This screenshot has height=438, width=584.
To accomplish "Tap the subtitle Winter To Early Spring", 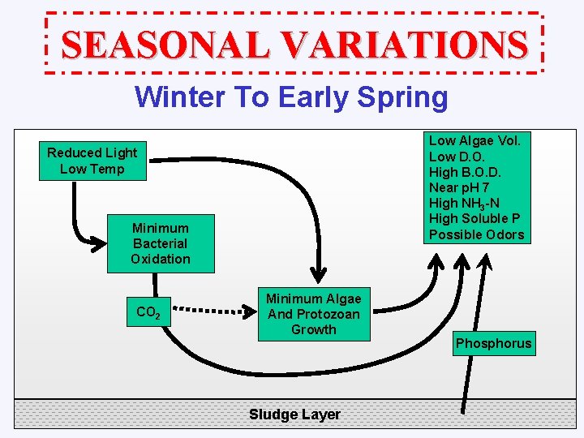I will coord(291,97).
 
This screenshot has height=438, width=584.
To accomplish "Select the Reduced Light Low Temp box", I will coord(92,161).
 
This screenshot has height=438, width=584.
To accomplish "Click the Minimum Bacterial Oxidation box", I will coord(161,243).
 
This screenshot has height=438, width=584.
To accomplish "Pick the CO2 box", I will coord(148,312).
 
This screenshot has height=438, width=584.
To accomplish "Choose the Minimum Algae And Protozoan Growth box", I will coord(313,314).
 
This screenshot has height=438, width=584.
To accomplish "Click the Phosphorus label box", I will coord(493,343).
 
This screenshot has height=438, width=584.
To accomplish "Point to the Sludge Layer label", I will coord(294,414).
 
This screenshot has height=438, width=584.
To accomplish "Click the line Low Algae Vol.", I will coord(474,140).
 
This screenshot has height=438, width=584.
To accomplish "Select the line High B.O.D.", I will coord(465,172).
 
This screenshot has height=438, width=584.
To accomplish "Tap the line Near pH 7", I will coord(459,187).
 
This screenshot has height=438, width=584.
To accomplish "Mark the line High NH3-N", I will coord(466,204).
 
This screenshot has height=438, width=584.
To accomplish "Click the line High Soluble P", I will coord(474,219).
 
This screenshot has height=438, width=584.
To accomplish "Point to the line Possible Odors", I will coord(476,234).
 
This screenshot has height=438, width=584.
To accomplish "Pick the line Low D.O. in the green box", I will coord(458,157).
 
